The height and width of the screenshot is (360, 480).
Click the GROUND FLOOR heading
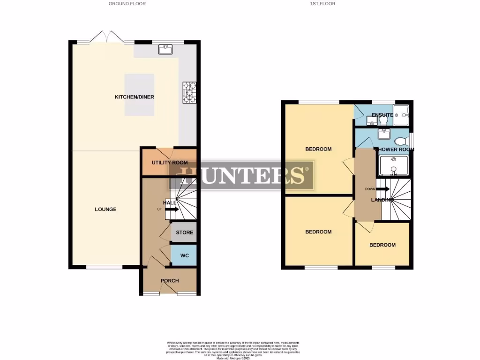click(x=127, y=4)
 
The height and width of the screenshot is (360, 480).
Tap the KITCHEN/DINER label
click(x=135, y=97)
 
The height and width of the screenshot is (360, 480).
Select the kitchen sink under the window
click(x=165, y=49)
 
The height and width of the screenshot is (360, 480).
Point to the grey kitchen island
click(x=139, y=95)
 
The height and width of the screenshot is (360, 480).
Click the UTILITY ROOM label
click(x=169, y=163)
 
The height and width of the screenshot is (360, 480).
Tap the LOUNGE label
click(x=105, y=209)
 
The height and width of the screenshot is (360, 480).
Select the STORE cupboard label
click(x=184, y=232)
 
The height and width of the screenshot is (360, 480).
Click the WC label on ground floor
click(x=184, y=255)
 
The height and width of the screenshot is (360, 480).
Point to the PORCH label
click(x=170, y=281)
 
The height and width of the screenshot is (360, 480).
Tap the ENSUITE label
click(x=382, y=115)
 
